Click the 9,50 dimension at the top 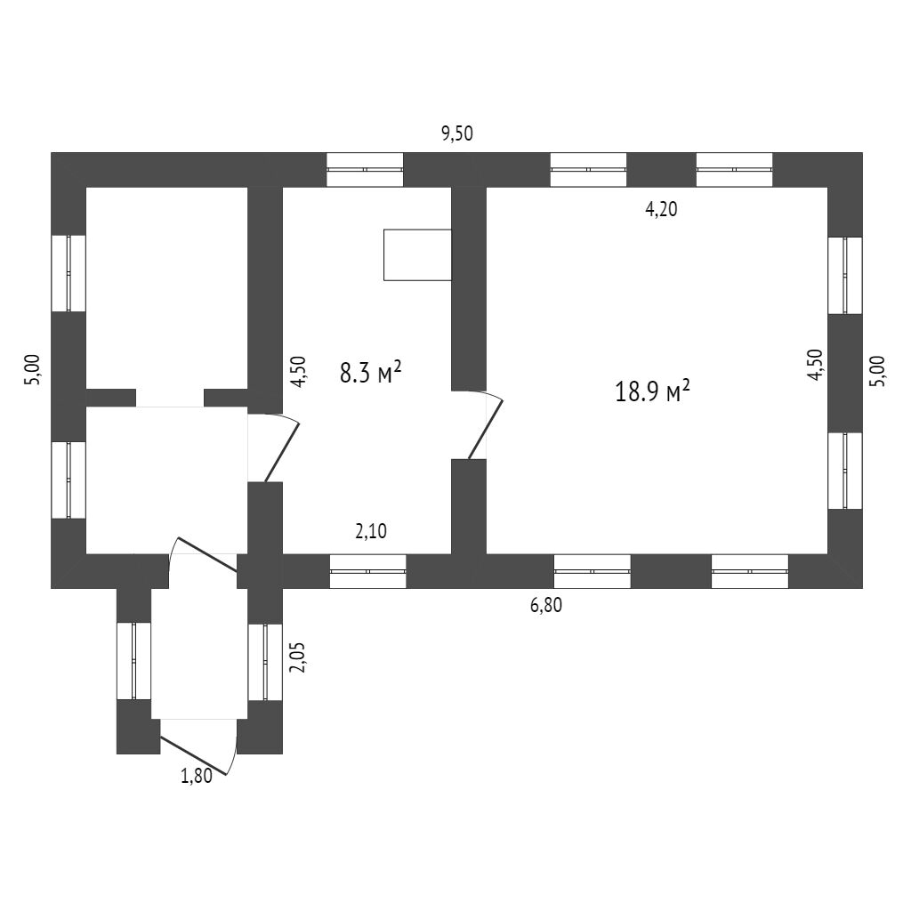point(458,134)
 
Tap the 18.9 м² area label point(653,391)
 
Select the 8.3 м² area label point(371,372)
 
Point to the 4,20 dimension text point(661,210)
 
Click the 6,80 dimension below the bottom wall point(546,606)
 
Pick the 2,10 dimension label point(371,532)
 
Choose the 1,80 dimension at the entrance point(197,776)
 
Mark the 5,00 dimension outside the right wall point(877,370)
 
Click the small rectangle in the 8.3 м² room point(417,255)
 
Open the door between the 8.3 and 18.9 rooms point(486,425)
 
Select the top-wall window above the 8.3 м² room point(365,170)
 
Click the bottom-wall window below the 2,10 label point(368,571)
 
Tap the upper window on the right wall point(845,275)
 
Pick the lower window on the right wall point(845,471)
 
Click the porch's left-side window point(134,661)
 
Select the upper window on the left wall point(69,273)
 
